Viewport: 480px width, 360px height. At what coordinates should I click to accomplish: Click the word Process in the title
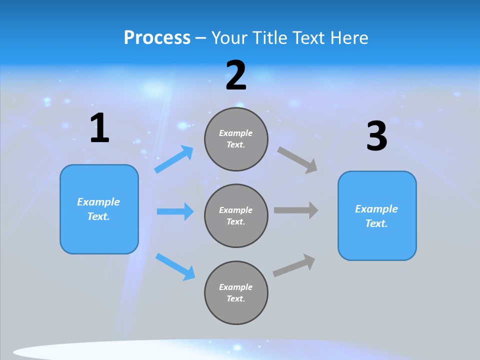(157, 38)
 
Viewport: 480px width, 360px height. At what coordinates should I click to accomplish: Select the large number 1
(99, 128)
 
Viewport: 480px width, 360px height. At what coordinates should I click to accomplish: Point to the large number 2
(236, 75)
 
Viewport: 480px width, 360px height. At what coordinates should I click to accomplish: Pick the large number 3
(376, 136)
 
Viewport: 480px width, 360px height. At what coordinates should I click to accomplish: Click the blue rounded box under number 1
(99, 209)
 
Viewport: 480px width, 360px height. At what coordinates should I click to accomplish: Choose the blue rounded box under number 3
(377, 215)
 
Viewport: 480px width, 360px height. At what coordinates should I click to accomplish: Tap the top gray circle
(236, 139)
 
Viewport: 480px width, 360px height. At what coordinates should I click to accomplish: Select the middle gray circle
(236, 215)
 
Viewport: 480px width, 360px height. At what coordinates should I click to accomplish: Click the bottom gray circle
(236, 292)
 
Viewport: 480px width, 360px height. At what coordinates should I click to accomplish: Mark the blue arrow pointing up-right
(174, 159)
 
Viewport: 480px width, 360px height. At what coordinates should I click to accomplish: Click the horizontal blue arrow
(175, 211)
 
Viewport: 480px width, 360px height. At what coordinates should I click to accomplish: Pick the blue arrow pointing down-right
(175, 266)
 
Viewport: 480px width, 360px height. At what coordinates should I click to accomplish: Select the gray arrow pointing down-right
(297, 159)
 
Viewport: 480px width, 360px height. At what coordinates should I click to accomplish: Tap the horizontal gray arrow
(296, 210)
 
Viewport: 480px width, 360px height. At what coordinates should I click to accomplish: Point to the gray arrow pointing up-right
(294, 265)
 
